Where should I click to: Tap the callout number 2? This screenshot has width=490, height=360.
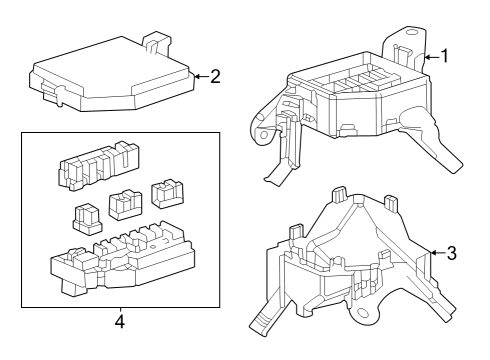pyautogui.click(x=215, y=75)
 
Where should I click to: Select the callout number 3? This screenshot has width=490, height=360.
pyautogui.click(x=451, y=253)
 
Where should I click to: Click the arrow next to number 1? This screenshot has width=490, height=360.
pyautogui.click(x=430, y=58)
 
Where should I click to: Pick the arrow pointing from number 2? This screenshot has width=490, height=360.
pyautogui.click(x=199, y=75)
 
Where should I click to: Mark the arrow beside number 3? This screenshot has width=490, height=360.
pyautogui.click(x=436, y=253)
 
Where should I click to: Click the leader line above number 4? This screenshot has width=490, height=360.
pyautogui.click(x=119, y=311)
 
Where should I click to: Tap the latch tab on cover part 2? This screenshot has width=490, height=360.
pyautogui.click(x=154, y=42)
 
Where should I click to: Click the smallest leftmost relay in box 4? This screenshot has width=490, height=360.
pyautogui.click(x=86, y=215)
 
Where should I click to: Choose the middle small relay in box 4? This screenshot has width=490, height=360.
pyautogui.click(x=124, y=204)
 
